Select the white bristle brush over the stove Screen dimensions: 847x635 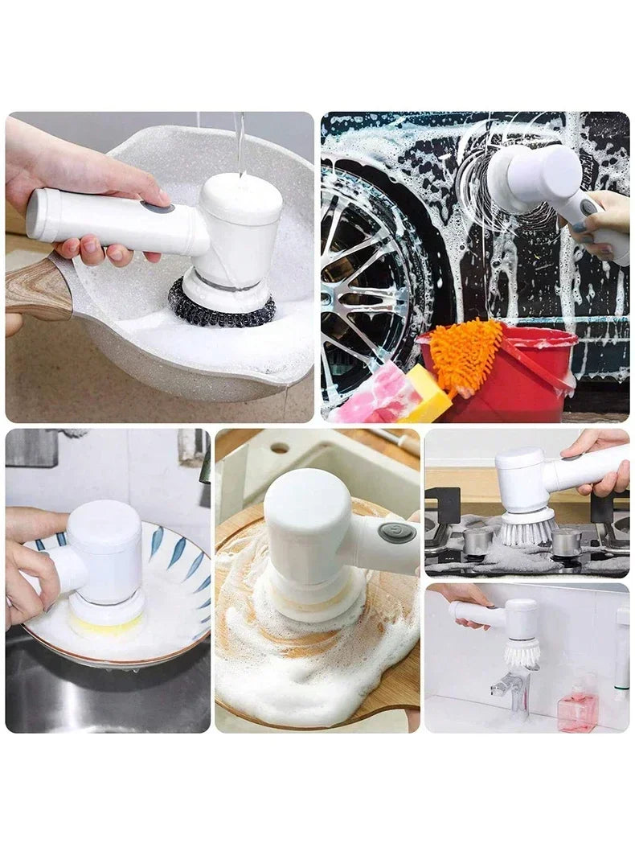click(527, 530)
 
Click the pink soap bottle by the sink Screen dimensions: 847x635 click(577, 708)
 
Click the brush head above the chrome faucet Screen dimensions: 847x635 click(522, 652)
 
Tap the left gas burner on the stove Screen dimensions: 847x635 click(477, 541)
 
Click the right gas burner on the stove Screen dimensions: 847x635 click(566, 541)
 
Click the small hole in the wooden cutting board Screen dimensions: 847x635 click(279, 448)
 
